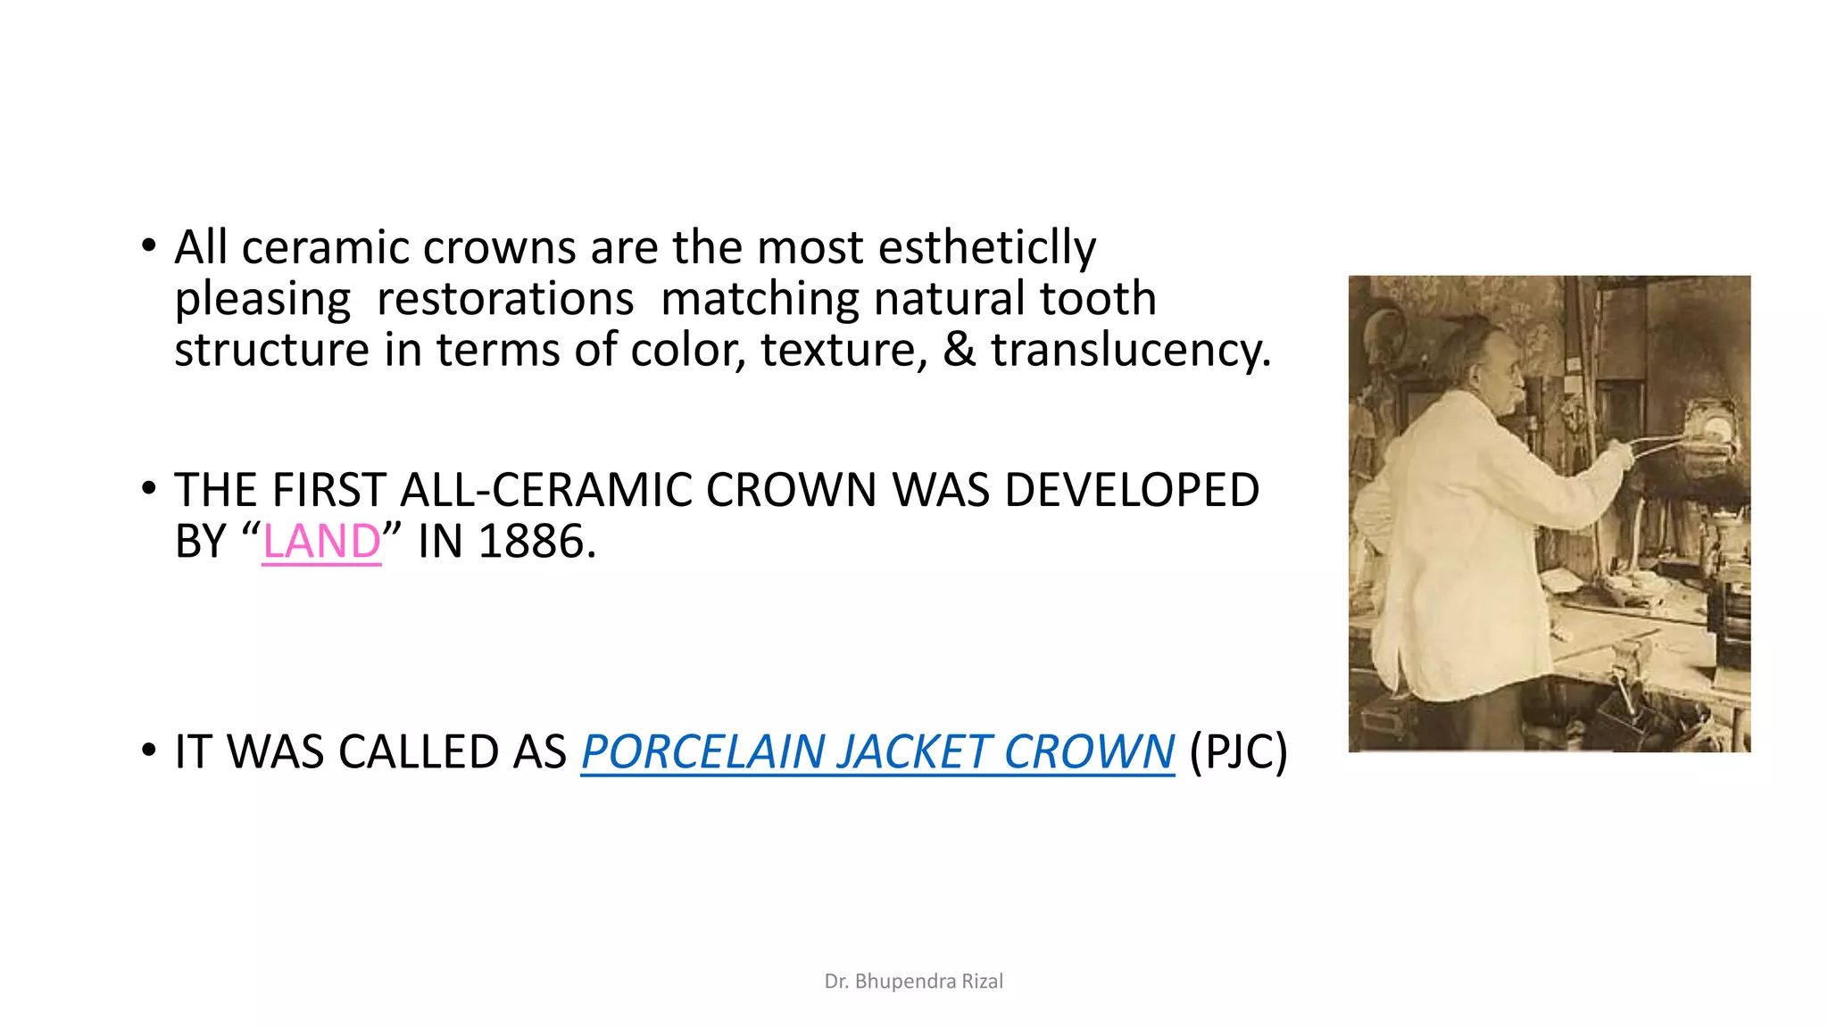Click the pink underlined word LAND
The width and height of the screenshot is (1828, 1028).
321,542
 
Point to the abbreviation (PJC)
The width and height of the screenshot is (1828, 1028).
1238,751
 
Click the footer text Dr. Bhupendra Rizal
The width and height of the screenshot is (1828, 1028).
913,982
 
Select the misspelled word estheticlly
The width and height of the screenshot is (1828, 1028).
986,247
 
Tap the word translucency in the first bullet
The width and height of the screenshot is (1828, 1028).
1130,350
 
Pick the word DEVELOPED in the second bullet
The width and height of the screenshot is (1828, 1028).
1131,490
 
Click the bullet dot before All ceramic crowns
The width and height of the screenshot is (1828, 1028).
148,245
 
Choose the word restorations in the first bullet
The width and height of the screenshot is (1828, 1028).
505,299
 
